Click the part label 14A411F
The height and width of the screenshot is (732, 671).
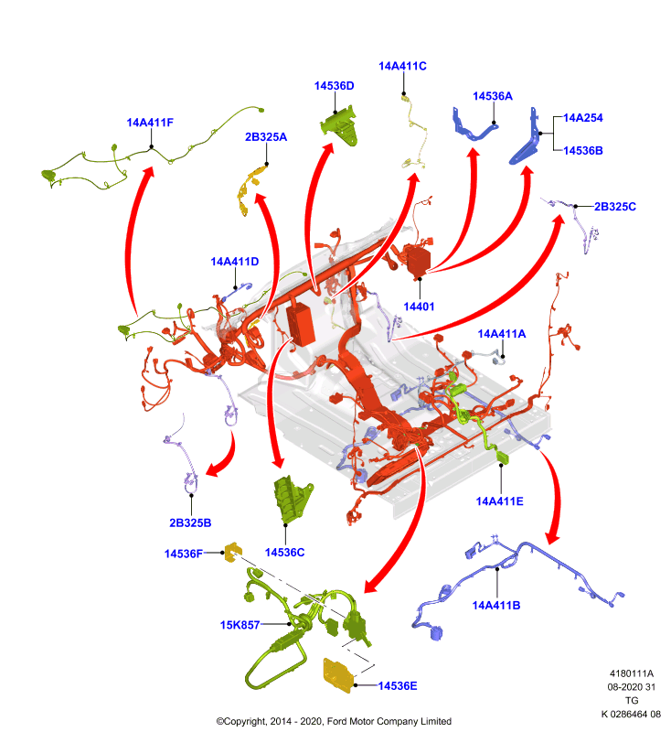click(x=150, y=123)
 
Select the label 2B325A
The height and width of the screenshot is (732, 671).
click(x=266, y=136)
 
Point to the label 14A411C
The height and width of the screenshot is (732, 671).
click(x=402, y=66)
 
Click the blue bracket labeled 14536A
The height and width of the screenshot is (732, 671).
click(x=474, y=124)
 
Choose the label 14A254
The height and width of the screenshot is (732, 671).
click(x=583, y=118)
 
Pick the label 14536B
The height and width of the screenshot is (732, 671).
click(x=583, y=150)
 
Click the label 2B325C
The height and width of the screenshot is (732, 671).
click(x=614, y=207)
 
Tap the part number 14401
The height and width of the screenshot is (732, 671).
click(x=419, y=307)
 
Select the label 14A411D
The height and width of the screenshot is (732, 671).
click(x=235, y=262)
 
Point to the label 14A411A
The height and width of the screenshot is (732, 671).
click(x=501, y=334)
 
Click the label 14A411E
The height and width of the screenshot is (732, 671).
click(x=499, y=501)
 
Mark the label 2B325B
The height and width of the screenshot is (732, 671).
click(x=190, y=522)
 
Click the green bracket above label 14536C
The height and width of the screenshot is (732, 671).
click(x=293, y=499)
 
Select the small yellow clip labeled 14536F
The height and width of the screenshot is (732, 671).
click(x=233, y=553)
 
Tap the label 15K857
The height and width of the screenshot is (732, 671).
click(x=240, y=625)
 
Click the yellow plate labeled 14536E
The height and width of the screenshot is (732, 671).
click(x=338, y=674)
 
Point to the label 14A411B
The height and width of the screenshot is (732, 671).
click(x=496, y=606)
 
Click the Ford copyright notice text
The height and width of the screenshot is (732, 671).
click(x=334, y=721)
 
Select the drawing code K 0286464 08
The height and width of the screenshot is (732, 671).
click(x=631, y=714)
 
